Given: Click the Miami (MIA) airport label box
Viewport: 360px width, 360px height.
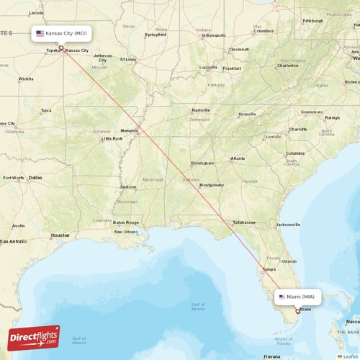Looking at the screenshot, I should [x=297, y=297].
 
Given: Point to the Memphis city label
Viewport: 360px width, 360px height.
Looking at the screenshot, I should [x=130, y=130].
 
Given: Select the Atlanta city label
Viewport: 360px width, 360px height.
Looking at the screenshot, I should [x=237, y=158].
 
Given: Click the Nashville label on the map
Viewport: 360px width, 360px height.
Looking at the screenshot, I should [x=200, y=109].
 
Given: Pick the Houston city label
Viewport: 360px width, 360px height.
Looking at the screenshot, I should [x=60, y=235].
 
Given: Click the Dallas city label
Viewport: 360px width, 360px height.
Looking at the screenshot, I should [x=35, y=177].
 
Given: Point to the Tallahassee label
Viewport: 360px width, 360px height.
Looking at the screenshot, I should [x=244, y=222].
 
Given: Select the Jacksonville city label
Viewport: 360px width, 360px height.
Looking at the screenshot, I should [x=287, y=224].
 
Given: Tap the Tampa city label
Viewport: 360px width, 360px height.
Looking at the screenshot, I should [x=269, y=269].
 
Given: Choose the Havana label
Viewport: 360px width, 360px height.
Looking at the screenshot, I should [x=271, y=356].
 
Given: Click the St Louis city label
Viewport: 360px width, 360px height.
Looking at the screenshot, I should [x=128, y=59].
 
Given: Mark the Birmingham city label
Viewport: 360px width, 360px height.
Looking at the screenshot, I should [x=202, y=163].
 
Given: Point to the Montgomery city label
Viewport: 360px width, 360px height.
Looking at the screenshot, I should [x=212, y=185].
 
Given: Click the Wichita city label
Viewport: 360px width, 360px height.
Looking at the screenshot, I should [x=27, y=78].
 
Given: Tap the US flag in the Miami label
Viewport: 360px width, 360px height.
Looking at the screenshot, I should [x=282, y=297].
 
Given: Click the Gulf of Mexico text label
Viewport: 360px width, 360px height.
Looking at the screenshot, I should [x=198, y=307].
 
